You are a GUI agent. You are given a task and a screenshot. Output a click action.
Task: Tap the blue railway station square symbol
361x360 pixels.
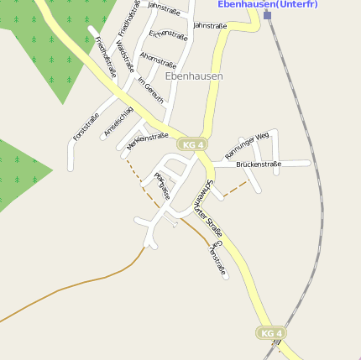(x=267, y=15)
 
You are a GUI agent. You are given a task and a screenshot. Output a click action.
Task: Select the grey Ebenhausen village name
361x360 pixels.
(x=194, y=76)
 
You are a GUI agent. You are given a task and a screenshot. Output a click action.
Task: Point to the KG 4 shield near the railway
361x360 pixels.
(x=270, y=333)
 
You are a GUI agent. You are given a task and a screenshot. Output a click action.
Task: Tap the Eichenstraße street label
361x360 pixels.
(x=168, y=34)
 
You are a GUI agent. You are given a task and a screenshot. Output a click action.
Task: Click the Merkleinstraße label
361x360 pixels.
(x=147, y=141)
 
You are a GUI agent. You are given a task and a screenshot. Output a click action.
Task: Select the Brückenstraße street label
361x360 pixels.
(x=259, y=164)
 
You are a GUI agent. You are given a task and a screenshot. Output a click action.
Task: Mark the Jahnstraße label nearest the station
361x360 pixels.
(x=209, y=26)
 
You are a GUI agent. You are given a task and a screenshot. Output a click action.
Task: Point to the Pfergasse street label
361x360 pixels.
(x=162, y=185)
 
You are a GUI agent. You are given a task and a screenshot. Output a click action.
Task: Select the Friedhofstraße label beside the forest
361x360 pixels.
(x=106, y=57)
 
